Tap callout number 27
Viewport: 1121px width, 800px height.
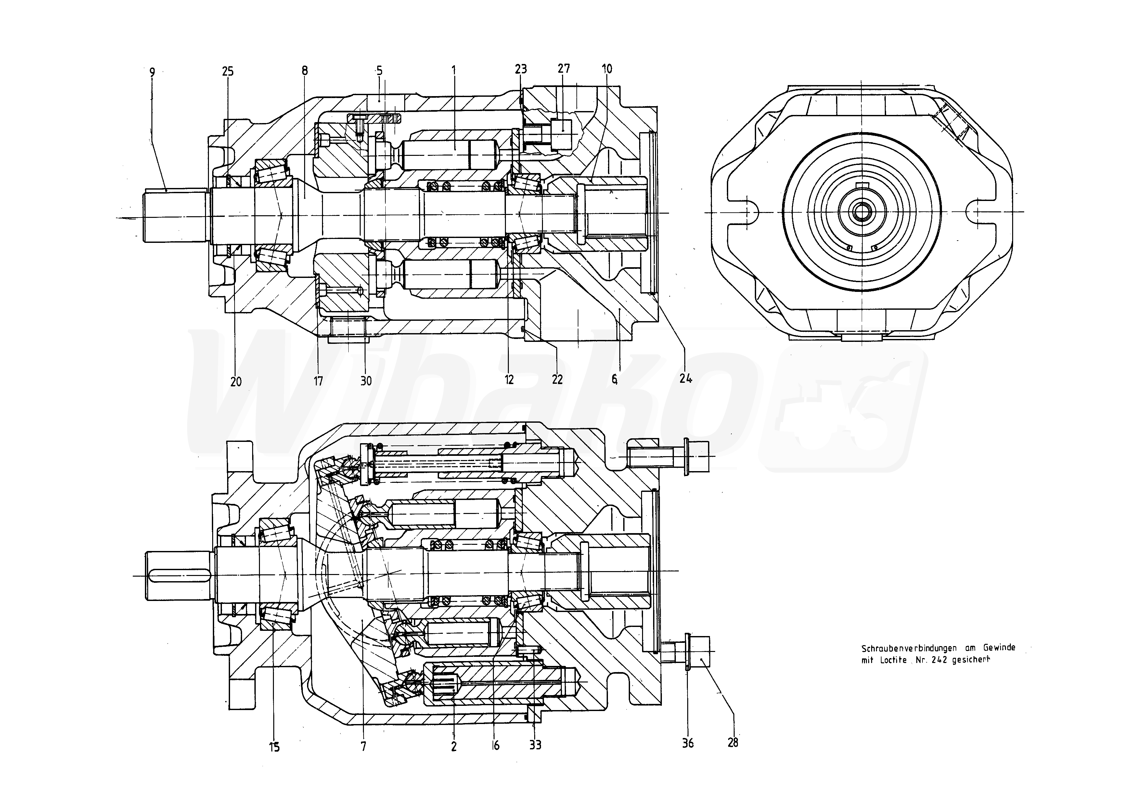point(563,69)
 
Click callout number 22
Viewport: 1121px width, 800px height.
point(557,379)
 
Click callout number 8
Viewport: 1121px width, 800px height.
point(305,71)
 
